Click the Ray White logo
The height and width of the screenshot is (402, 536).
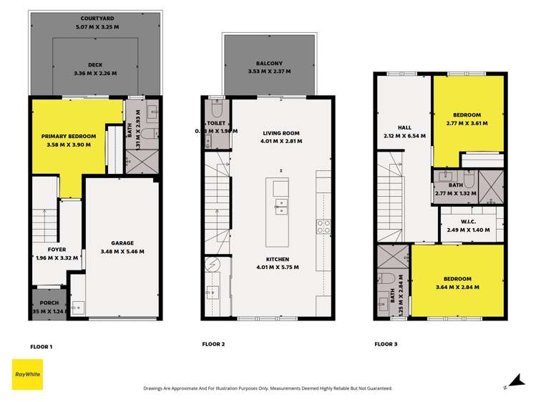[26, 373]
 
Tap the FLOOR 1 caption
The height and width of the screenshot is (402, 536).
[42, 346]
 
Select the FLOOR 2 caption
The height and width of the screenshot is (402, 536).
[213, 344]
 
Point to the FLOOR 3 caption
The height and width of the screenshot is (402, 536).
[386, 344]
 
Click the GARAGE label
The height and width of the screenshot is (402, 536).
[122, 243]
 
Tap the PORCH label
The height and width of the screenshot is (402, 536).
[48, 303]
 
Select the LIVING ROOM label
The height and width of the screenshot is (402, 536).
[281, 133]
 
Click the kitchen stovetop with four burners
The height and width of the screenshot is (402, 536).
[323, 227]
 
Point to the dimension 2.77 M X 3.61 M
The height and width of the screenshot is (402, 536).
[466, 123]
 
